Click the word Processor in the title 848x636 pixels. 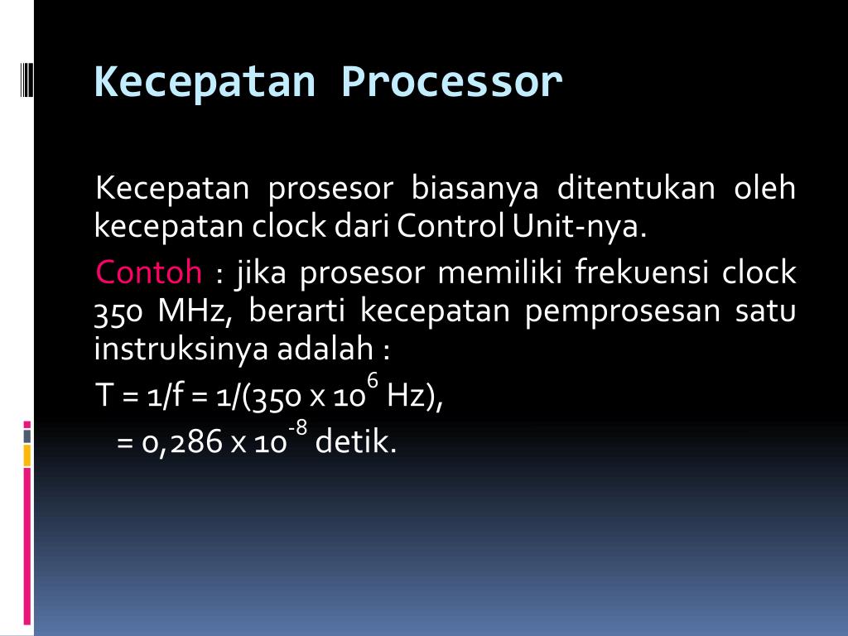451,82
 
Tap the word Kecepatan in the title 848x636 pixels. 205,82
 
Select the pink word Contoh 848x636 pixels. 149,272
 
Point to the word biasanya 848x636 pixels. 475,190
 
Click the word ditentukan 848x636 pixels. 636,190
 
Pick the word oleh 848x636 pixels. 765,190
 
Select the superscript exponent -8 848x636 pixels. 297,427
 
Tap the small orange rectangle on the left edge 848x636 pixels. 27,455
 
